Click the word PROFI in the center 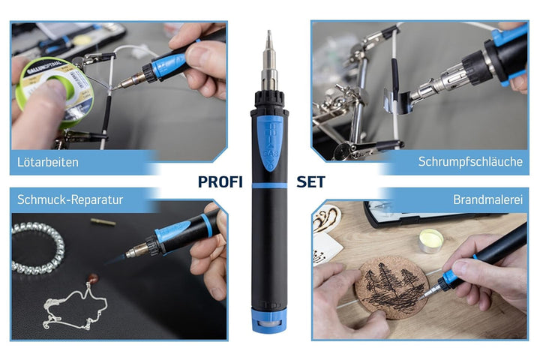pos(220,182)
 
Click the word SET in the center pos(310,182)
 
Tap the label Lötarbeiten pos(48,162)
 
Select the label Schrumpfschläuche pos(470,161)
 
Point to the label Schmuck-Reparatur pos(70,199)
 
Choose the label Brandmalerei pos(488,199)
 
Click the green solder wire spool pos(55,91)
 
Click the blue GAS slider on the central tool pos(270,144)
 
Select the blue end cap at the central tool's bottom pos(269,321)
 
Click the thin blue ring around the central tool pos(269,186)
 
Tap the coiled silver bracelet pos(38,248)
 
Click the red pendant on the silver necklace pos(93,277)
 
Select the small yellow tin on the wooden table pos(431,241)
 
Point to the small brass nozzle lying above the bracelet pos(103,222)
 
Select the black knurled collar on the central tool pos(269,99)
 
